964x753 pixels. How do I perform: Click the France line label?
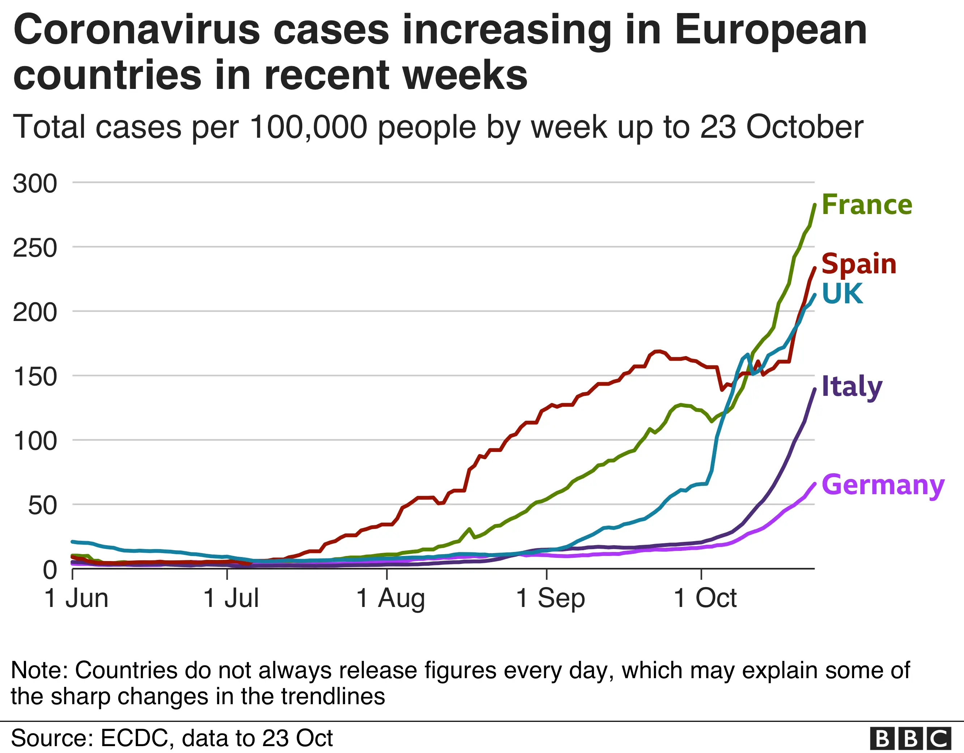[x=866, y=205]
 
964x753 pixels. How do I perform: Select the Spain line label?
[x=858, y=264]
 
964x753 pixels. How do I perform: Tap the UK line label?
[x=842, y=294]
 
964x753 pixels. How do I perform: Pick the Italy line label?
[x=852, y=387]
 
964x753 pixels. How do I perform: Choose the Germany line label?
[x=883, y=485]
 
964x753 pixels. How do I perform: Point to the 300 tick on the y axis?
[x=35, y=184]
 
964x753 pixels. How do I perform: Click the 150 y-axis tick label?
[x=35, y=377]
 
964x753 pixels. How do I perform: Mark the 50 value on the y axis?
[x=42, y=506]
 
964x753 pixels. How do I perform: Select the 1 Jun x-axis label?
[x=76, y=599]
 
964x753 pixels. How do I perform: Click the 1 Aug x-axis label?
[x=390, y=599]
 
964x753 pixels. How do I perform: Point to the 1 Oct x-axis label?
[x=705, y=599]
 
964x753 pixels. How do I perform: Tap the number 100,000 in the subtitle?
[x=308, y=127]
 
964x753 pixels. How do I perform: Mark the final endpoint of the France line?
[x=814, y=204]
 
